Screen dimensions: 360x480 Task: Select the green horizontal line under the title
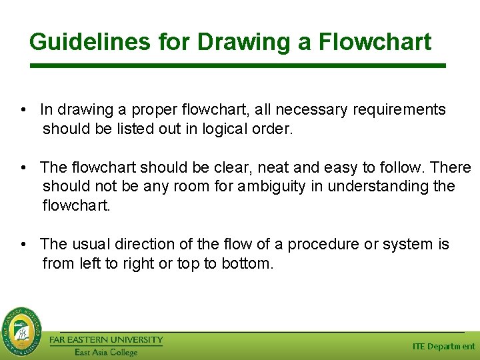pyautogui.click(x=238, y=65)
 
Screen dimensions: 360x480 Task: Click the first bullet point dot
pyautogui.click(x=23, y=110)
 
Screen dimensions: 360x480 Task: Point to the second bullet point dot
pyautogui.click(x=23, y=168)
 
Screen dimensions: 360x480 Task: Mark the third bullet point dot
pyautogui.click(x=23, y=245)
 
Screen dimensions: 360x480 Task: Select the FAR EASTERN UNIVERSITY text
pyautogui.click(x=106, y=340)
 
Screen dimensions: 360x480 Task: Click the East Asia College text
pyautogui.click(x=106, y=352)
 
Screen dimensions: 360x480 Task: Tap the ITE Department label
pyautogui.click(x=443, y=347)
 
